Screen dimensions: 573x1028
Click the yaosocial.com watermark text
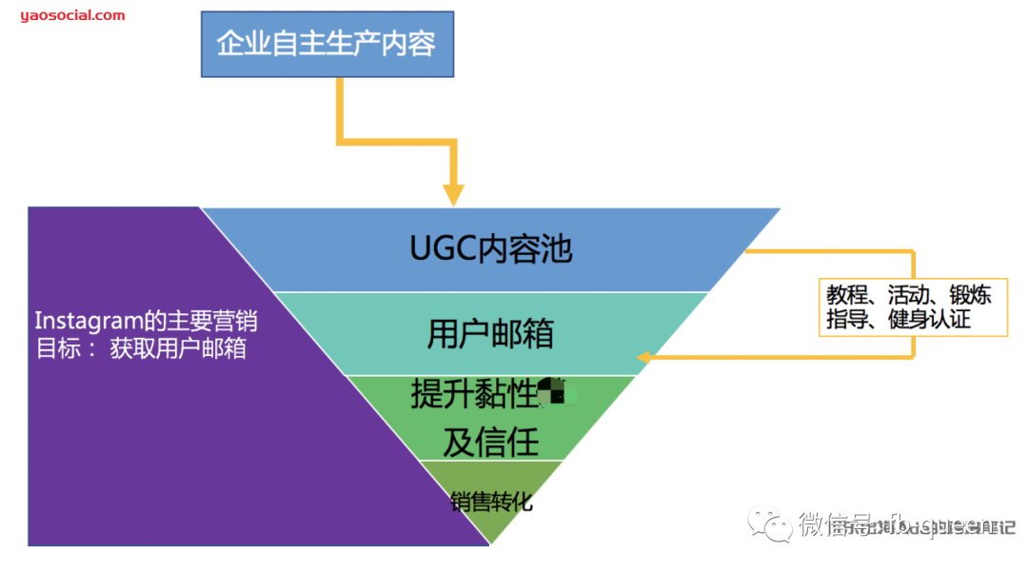tap(72, 15)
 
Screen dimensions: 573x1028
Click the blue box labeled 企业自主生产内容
tap(326, 44)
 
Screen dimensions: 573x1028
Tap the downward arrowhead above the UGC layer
tap(454, 194)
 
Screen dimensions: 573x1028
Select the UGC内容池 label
tap(490, 249)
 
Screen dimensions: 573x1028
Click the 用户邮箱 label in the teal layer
tap(490, 334)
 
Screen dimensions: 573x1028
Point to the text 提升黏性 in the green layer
tap(474, 394)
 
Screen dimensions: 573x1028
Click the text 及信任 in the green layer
tap(490, 442)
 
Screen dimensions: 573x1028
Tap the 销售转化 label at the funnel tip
tap(490, 503)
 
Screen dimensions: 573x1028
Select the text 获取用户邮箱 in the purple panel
tap(178, 348)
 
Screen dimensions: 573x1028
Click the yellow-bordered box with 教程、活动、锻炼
tap(912, 306)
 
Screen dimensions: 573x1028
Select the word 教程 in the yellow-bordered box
tap(846, 295)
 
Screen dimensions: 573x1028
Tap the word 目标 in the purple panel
tap(54, 348)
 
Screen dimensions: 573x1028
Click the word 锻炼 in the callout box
tap(971, 295)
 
